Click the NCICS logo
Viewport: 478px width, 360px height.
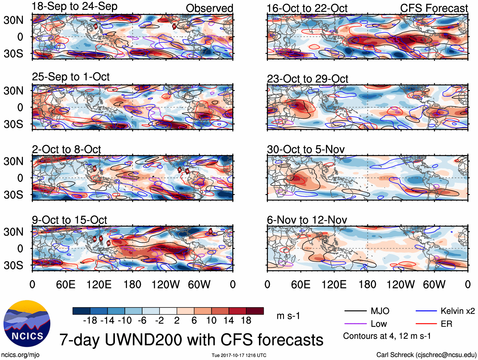pos(27,323)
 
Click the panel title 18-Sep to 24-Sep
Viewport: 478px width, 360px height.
pos(74,6)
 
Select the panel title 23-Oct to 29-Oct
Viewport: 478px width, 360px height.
pos(307,79)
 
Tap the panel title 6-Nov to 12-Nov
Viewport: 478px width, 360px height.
pos(307,220)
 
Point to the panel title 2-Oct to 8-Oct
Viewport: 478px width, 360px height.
pos(66,149)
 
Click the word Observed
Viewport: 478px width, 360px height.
pos(209,8)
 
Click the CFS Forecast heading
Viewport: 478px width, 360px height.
pos(434,8)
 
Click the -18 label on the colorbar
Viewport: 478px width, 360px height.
pos(90,320)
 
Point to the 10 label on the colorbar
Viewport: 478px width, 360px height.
pos(211,320)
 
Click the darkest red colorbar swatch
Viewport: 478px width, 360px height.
pos(255,311)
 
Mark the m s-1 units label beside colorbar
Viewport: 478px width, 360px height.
pos(288,316)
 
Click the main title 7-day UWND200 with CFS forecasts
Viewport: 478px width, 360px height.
pos(191,340)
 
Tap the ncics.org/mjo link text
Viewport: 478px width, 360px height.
pos(20,355)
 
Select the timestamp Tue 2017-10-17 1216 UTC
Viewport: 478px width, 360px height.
pos(239,355)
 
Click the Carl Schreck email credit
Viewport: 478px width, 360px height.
pos(426,355)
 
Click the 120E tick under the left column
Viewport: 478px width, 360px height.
pos(99,284)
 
